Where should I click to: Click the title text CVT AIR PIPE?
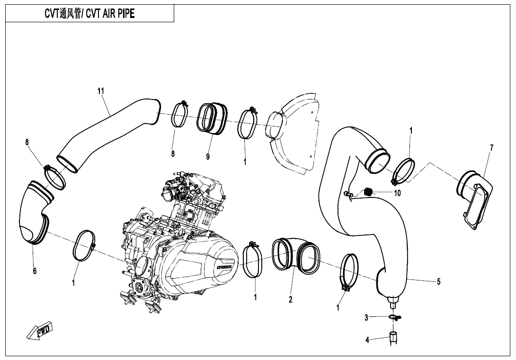[89, 14]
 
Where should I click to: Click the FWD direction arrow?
[40, 331]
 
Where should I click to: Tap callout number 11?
[101, 91]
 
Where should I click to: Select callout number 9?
[208, 156]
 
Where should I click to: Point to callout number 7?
[491, 148]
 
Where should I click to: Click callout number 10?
[397, 193]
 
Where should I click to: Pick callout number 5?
[439, 282]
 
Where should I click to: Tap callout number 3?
[366, 318]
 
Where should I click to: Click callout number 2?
[291, 299]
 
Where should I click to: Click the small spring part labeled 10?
[370, 191]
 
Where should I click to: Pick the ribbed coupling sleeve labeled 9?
[212, 118]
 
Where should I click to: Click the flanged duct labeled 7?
[475, 199]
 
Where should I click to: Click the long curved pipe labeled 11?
[109, 133]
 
